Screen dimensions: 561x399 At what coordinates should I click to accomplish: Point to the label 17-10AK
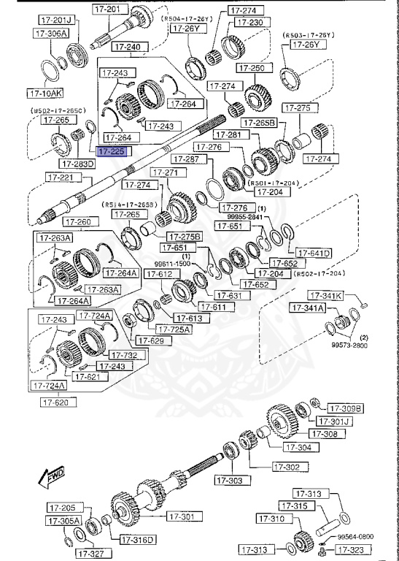click(46, 93)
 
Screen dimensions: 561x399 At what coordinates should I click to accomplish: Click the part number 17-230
click(249, 23)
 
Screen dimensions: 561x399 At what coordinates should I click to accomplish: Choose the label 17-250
click(256, 68)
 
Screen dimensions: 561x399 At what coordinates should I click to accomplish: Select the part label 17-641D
click(314, 253)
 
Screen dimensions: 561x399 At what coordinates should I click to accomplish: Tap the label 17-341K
click(325, 296)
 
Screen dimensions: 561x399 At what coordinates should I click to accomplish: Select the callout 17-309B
click(345, 408)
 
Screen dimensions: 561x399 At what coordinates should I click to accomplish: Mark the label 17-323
click(357, 549)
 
